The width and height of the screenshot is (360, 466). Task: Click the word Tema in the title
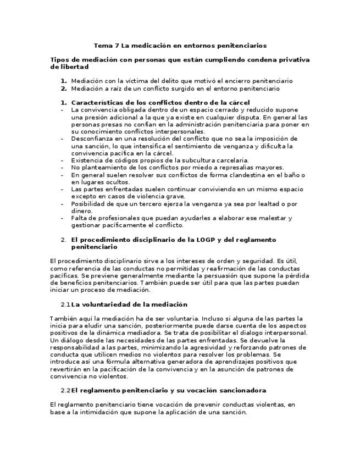coord(102,46)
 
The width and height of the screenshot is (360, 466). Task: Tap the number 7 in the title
coord(115,46)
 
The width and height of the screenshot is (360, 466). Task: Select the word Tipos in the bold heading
coord(59,59)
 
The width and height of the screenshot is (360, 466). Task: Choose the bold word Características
coord(98,102)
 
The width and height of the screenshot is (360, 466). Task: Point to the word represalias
coord(237,167)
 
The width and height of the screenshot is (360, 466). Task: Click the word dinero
coord(81,210)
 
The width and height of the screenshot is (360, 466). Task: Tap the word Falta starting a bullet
coord(80,218)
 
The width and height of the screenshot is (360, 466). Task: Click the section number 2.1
coord(65,304)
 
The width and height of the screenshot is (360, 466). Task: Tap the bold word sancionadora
coord(243,390)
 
